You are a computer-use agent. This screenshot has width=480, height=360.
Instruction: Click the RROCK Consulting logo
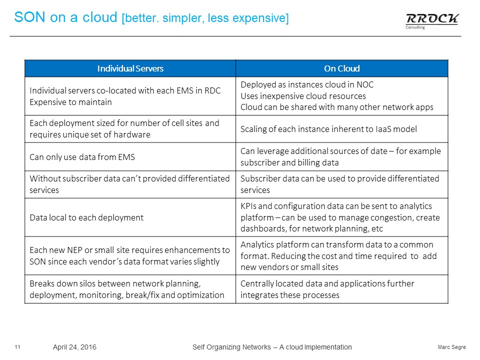432,21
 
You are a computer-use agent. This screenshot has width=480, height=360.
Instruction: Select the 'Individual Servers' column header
130,68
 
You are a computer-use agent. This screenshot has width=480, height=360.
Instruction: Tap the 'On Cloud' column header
341,68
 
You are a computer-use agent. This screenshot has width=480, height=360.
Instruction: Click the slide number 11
17,347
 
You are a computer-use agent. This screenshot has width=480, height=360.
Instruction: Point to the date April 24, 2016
74,347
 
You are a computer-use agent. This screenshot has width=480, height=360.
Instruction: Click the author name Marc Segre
452,347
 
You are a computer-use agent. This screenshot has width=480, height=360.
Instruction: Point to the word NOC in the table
365,84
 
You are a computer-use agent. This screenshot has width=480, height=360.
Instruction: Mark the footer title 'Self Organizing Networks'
231,347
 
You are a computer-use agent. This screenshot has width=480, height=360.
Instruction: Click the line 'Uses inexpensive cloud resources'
303,96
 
